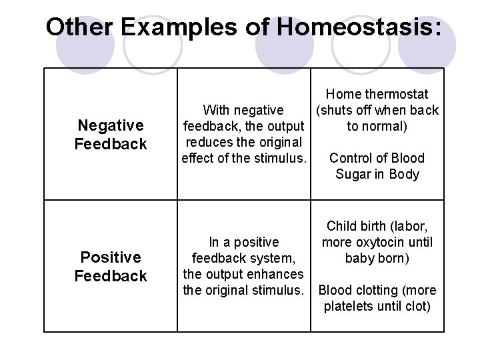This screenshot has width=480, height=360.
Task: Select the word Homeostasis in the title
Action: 357,27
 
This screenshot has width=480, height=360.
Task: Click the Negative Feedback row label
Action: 111,135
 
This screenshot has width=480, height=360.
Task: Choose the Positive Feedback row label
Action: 111,267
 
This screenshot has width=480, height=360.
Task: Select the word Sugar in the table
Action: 353,174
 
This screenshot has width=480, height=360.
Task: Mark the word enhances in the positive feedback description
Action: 275,274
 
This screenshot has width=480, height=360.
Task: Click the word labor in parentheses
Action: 409,226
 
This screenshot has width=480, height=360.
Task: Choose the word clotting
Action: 381,290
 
